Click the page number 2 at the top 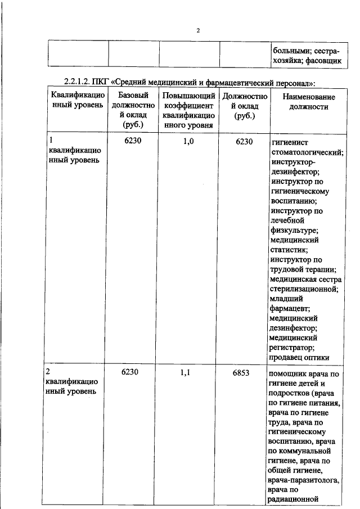click(x=198, y=30)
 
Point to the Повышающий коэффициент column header click(x=187, y=110)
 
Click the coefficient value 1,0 click(x=188, y=141)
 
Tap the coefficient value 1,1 click(x=188, y=372)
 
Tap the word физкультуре click(x=293, y=231)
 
